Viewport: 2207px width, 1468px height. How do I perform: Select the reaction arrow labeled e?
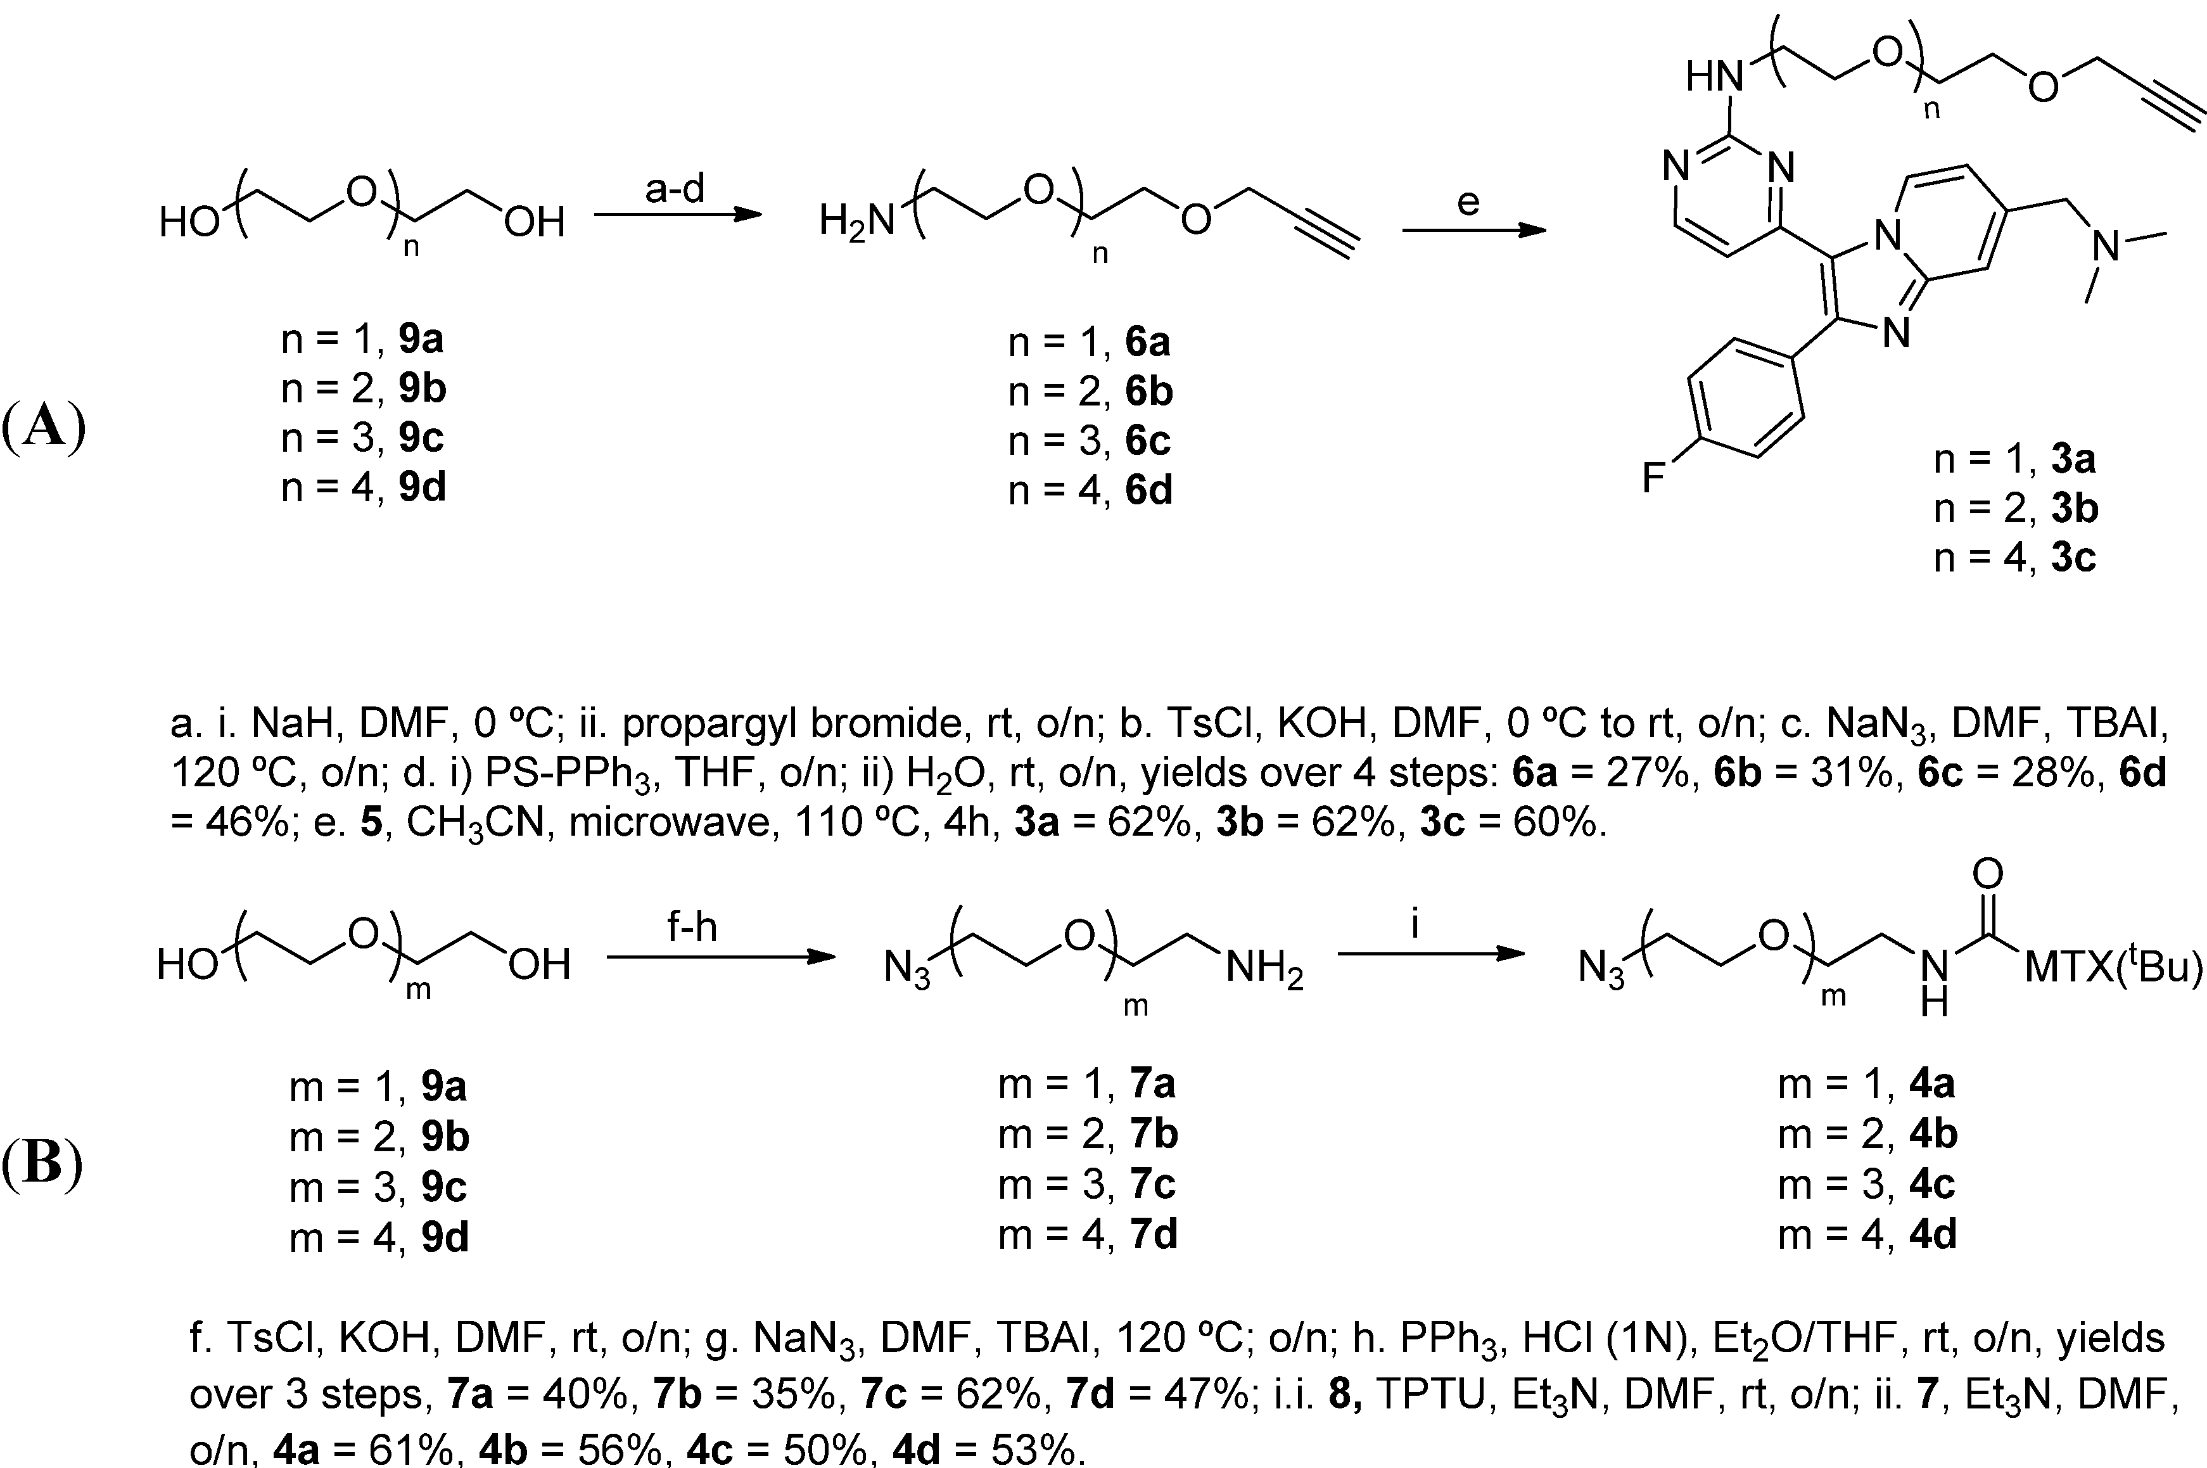tap(1473, 229)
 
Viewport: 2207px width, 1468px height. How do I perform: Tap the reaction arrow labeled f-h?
tap(720, 957)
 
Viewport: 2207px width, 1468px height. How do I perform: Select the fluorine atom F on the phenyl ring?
tap(1654, 478)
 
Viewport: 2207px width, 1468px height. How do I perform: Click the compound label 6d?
tap(1148, 490)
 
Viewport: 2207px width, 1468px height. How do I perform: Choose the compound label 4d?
tap(1933, 1235)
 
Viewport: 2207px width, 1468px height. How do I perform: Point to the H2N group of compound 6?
tap(856, 222)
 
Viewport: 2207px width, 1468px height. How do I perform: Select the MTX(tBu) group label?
tap(2113, 967)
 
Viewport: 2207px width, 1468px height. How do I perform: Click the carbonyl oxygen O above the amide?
tap(1987, 874)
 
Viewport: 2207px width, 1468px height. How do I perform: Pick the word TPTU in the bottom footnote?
tap(1430, 1395)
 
